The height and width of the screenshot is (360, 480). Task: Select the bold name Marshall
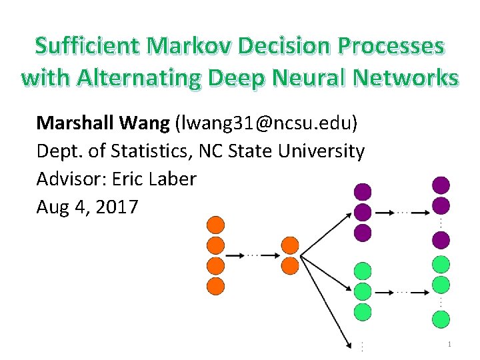[x=73, y=123]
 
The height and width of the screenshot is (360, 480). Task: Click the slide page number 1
[x=450, y=344]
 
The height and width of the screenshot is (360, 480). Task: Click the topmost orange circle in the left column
[x=216, y=225]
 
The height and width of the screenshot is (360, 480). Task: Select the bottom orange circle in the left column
[x=216, y=287]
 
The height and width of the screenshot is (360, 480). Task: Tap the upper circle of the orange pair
[x=290, y=245]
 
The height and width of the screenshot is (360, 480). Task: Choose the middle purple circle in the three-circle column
[x=362, y=213]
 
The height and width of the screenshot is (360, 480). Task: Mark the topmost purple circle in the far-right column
[x=441, y=185]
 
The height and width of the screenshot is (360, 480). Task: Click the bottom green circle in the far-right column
[x=441, y=319]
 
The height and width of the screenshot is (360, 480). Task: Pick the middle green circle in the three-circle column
[x=362, y=291]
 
